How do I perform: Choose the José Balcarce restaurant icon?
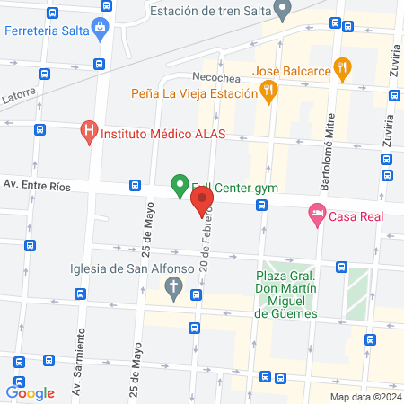tap(340, 66)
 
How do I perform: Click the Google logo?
tap(30, 392)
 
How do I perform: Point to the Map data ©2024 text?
tap(364, 396)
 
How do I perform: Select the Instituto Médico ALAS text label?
tap(162, 135)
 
